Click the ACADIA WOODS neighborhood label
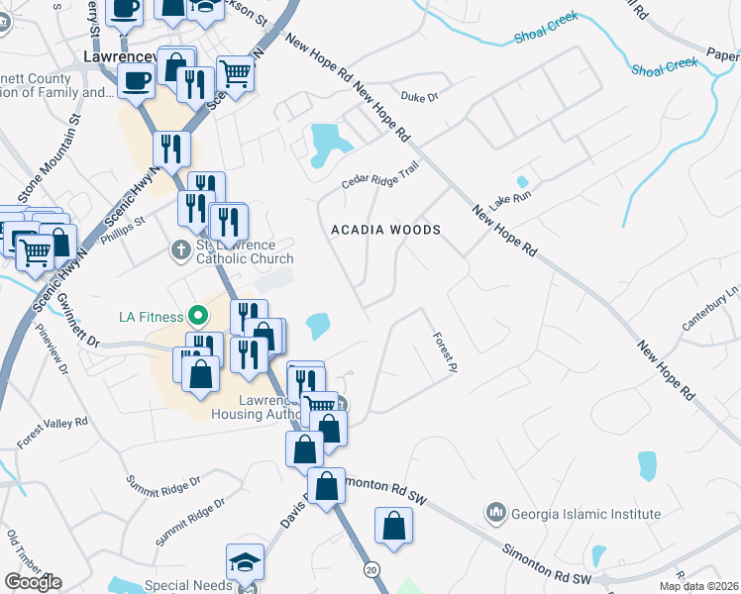385,230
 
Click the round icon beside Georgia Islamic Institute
495,513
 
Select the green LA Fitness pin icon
198,316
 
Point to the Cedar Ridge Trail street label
380,175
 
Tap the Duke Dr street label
419,96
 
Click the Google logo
33,581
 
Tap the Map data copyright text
697,586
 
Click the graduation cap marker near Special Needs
245,562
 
